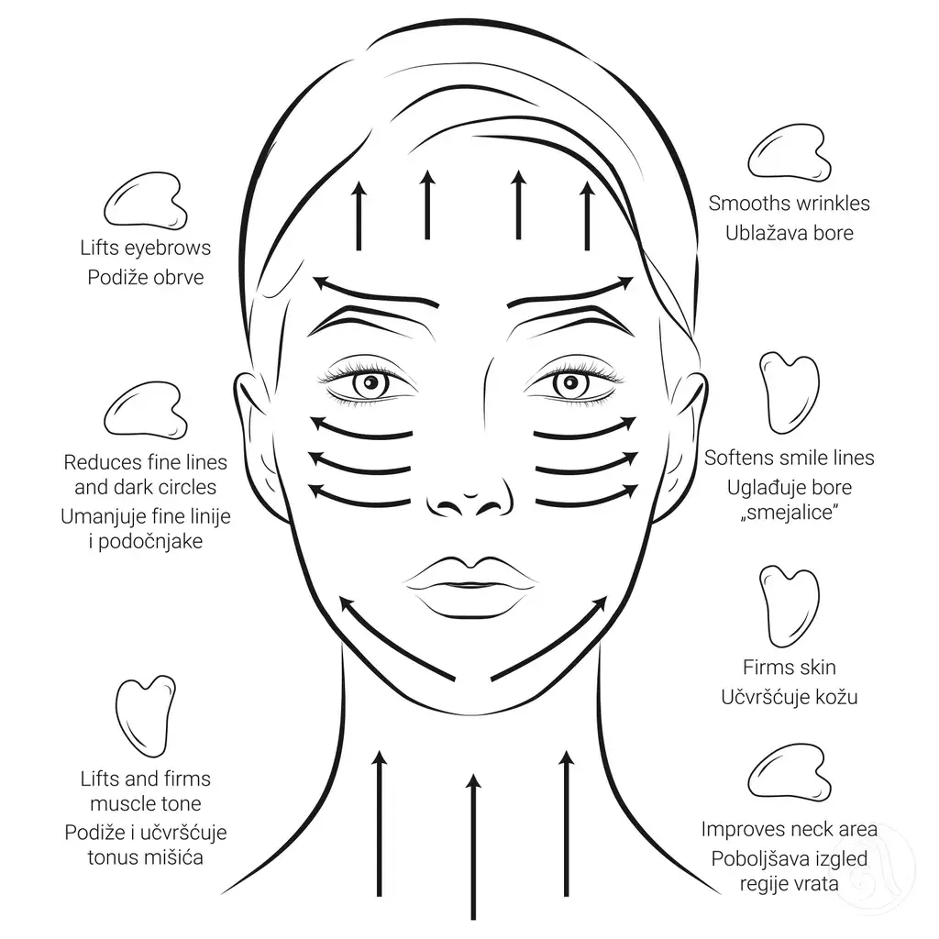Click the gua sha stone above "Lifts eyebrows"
[146, 201]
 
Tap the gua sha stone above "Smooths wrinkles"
[790, 153]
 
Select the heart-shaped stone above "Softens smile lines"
[790, 392]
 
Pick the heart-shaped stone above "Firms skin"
[790, 606]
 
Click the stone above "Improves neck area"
[790, 772]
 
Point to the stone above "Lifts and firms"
[146, 717]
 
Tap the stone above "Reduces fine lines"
[146, 410]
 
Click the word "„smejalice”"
[790, 513]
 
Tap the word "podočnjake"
[150, 542]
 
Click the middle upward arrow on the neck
[473, 846]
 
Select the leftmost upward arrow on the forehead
[359, 215]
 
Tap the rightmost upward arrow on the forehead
[588, 215]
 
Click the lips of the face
[470, 587]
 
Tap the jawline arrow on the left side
[397, 638]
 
